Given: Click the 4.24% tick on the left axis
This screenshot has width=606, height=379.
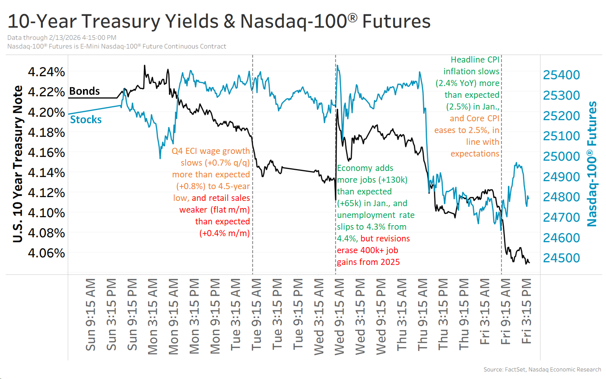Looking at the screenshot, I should [46, 72].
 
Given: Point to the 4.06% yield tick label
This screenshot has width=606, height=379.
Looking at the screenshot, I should [46, 253].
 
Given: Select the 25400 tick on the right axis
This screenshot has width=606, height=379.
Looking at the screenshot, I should [561, 75].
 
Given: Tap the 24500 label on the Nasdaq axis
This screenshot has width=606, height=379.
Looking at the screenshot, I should [561, 258].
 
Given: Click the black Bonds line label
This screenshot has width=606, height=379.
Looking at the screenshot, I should [85, 91].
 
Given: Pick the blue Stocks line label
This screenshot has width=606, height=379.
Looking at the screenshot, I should [86, 120].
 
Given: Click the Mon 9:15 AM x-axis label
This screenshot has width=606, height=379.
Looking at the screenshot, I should [174, 316].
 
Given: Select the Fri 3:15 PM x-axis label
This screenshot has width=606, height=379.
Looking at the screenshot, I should [526, 311].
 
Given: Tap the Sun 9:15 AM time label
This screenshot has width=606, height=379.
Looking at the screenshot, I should [91, 315].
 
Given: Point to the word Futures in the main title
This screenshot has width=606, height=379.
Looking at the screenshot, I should [396, 22].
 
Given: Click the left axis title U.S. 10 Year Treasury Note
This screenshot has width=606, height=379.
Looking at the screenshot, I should [18, 164].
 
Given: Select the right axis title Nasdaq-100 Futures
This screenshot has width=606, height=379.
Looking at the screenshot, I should [592, 164].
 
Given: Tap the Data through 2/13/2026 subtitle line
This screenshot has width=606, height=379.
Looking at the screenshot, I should [62, 38].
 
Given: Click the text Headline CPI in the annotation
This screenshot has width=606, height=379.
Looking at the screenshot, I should [475, 60].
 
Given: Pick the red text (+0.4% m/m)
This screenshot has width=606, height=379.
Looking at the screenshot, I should [224, 233].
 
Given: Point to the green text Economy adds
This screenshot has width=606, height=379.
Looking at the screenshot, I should [365, 168].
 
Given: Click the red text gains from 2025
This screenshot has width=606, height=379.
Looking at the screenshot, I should [368, 262].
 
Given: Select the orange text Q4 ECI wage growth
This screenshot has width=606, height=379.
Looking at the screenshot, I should [210, 151].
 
